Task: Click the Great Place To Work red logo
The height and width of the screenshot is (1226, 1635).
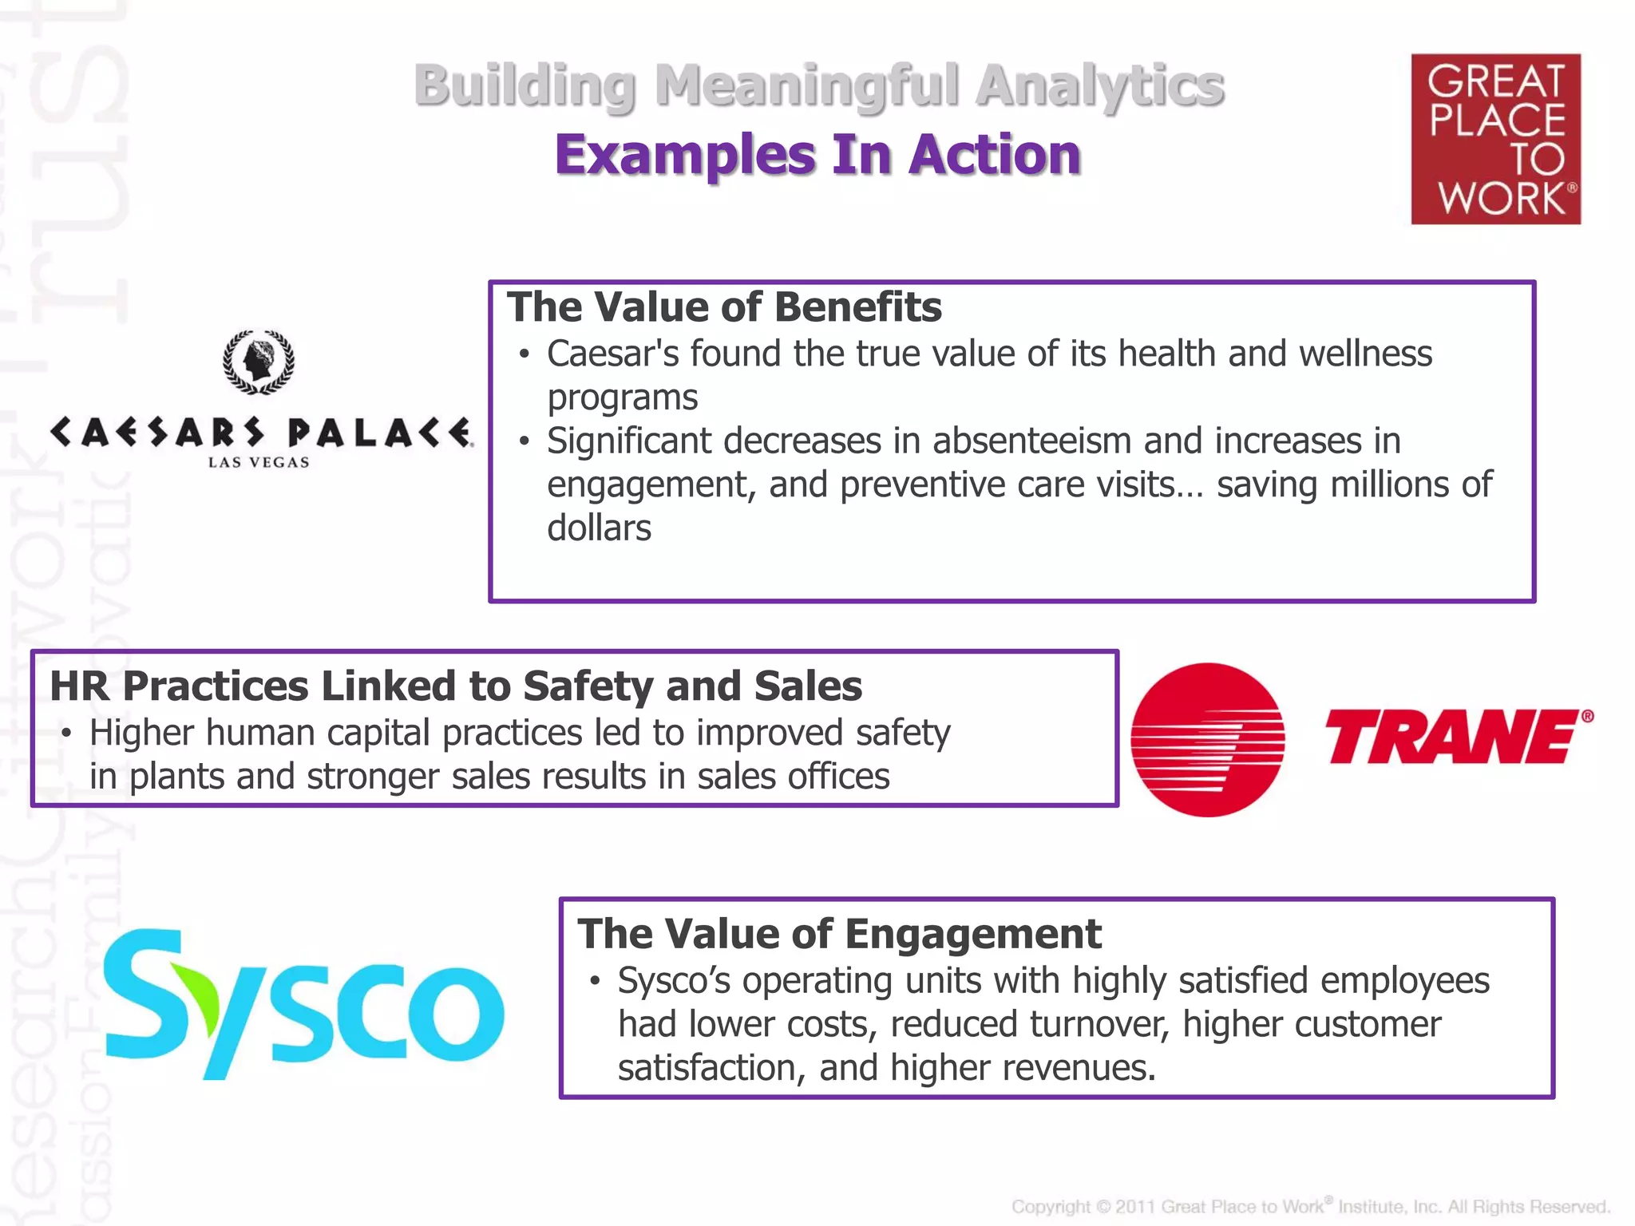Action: point(1495,139)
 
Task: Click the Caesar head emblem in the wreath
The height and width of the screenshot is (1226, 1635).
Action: point(258,362)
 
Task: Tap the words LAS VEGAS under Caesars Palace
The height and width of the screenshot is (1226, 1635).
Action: point(259,462)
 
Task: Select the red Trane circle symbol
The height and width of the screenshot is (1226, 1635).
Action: point(1208,739)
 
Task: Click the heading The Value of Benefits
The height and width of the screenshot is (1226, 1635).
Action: point(724,307)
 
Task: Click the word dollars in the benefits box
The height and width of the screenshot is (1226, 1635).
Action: point(599,528)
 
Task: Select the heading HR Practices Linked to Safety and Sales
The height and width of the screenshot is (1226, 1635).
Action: point(456,686)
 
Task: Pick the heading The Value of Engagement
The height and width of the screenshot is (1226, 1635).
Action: point(839,934)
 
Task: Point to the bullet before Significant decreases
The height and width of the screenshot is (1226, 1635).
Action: point(524,441)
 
